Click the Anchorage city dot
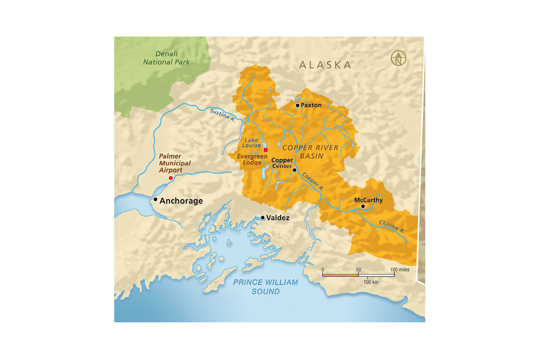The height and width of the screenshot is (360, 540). coord(155,199)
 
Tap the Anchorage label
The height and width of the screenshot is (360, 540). coord(181,201)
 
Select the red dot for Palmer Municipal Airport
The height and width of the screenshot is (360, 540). coord(171,178)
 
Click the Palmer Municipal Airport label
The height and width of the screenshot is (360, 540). coord(174,163)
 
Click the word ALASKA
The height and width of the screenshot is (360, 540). coord(325,65)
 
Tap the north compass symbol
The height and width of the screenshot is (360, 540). coord(399,58)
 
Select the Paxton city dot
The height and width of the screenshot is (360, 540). coord(298,105)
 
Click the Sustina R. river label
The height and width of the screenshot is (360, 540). coord(222,116)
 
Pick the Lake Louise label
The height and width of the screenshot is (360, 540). coord(251,142)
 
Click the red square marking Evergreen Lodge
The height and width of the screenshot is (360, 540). coord(265,150)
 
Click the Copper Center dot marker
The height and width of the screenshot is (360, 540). coord(294,170)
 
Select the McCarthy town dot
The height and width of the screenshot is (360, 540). coord(363,206)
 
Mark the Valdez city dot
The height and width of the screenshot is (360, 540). coord(262,217)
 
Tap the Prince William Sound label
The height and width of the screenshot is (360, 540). coord(265,287)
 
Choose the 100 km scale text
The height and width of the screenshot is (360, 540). coord(371,281)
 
